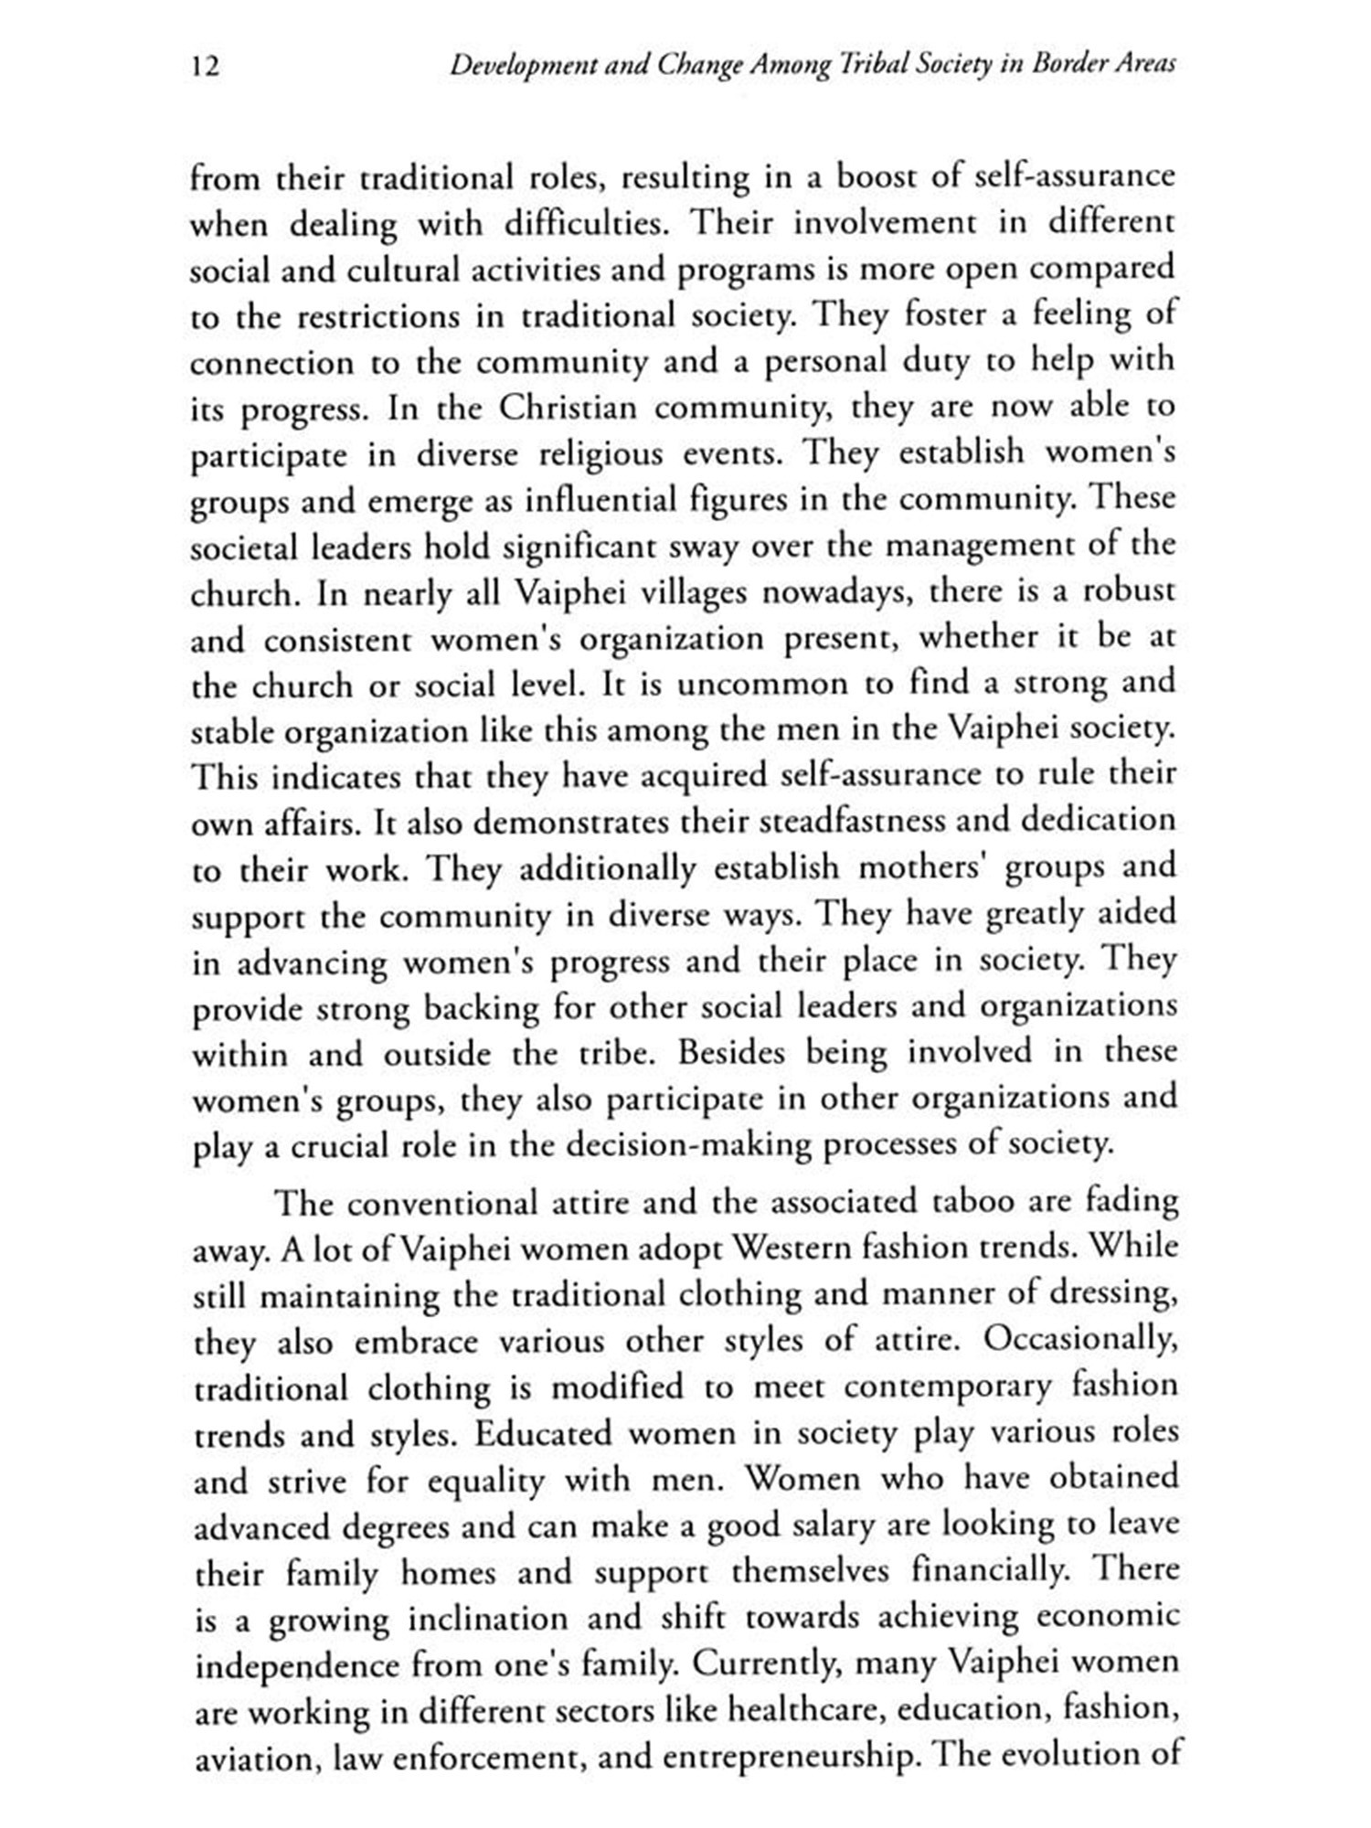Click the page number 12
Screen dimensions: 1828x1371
tap(207, 67)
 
